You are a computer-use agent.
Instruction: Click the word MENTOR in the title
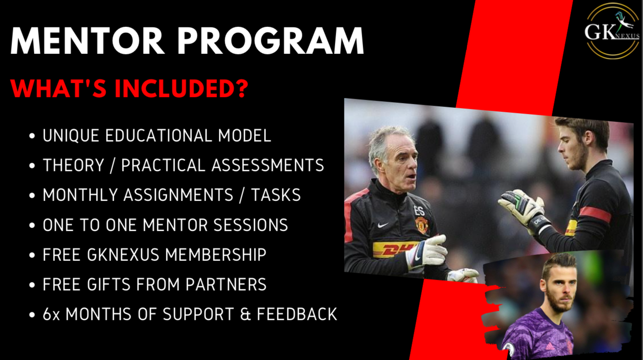87,41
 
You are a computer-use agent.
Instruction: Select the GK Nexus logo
612,31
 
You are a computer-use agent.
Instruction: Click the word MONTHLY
81,195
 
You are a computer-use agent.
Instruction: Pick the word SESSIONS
251,225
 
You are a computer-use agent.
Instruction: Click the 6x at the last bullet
51,314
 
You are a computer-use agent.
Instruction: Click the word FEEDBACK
297,314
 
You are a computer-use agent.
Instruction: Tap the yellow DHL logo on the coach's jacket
394,249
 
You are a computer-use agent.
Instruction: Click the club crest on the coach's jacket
422,225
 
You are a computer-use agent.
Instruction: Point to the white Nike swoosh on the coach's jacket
383,225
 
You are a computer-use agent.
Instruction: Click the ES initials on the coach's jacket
419,211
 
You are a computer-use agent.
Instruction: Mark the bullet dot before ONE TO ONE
32,225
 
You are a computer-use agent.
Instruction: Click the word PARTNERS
226,285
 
